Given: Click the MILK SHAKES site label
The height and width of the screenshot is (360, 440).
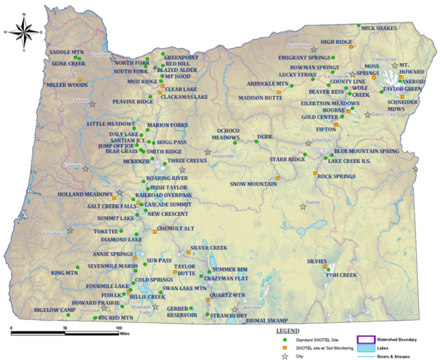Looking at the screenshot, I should (x=378, y=28).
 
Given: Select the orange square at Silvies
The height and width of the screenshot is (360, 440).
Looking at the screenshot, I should (x=326, y=267).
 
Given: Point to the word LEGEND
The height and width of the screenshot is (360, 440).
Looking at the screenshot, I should (x=289, y=330).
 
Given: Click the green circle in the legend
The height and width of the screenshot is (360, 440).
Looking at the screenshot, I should (x=285, y=340).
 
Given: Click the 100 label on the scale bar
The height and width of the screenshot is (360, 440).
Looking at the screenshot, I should (x=118, y=328).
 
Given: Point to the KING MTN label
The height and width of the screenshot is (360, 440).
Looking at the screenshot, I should (x=65, y=273).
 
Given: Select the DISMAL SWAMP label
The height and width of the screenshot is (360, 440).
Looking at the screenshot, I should (x=267, y=320).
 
